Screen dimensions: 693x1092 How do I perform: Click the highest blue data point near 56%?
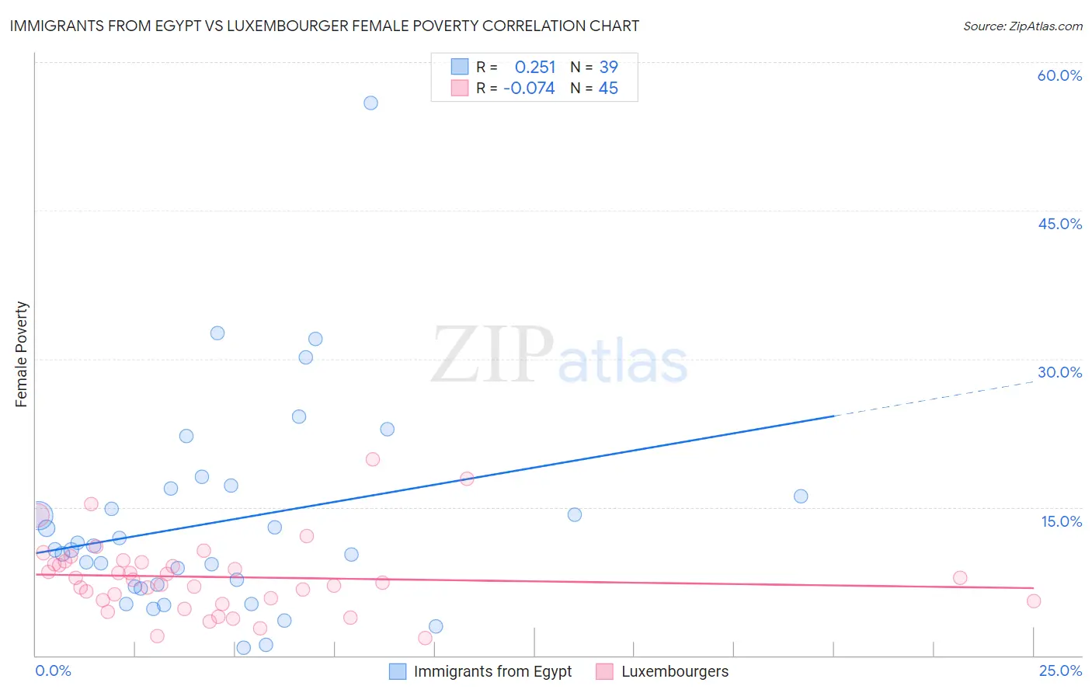click(370, 103)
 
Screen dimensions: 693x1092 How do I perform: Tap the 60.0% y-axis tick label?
click(1059, 75)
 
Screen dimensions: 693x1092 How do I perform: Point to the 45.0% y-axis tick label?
click(1059, 224)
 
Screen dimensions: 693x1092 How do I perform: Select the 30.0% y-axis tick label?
click(1059, 372)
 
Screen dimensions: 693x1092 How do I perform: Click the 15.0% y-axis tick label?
click(1061, 521)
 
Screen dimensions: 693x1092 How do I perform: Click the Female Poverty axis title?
click(22, 354)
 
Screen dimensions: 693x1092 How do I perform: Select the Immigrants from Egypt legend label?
click(492, 672)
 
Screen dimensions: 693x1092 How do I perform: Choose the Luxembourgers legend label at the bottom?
click(675, 672)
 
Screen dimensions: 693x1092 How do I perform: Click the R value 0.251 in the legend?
click(535, 67)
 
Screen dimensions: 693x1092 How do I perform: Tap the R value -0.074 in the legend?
click(529, 89)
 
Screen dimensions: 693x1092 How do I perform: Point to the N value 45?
click(608, 89)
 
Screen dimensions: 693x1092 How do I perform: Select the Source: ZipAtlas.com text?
click(1022, 26)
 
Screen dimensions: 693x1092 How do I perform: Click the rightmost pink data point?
click(1033, 601)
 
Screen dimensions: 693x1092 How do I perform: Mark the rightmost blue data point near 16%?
click(801, 496)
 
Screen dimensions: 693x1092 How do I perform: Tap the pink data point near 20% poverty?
click(372, 459)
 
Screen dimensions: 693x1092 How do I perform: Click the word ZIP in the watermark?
click(492, 355)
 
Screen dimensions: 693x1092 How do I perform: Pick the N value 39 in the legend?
click(608, 67)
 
